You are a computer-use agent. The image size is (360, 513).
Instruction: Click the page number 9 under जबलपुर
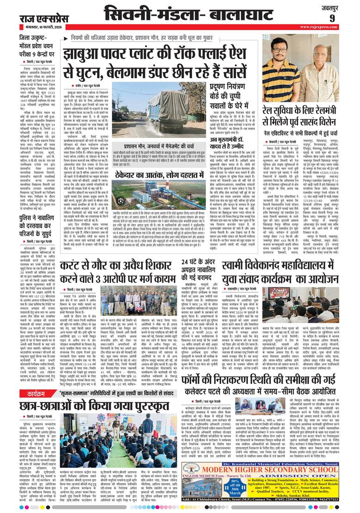(x=345, y=18)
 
